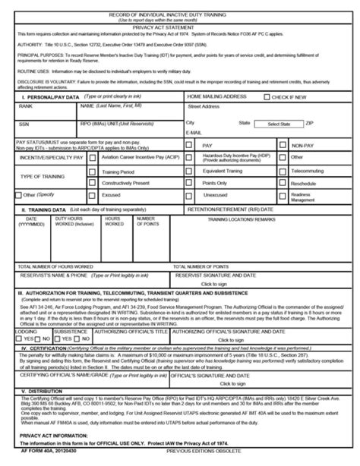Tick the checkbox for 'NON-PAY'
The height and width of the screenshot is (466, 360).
pos(283,144)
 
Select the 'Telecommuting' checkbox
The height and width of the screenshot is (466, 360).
pos(283,172)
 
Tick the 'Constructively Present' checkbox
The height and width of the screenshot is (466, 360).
pos(92,183)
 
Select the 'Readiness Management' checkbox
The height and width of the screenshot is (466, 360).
pos(283,195)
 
